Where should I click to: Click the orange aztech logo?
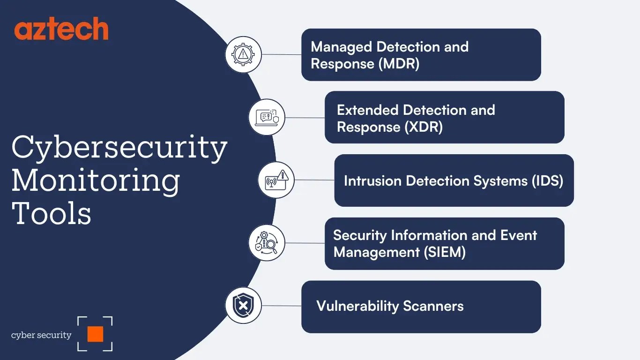pos(61,30)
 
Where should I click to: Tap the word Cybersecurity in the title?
pos(119,148)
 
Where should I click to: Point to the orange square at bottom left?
pos(95,334)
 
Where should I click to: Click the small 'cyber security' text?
pos(41,335)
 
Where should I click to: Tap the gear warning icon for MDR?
pos(243,54)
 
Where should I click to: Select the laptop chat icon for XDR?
pos(267,117)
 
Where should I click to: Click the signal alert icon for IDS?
pos(276,180)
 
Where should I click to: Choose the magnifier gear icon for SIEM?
pos(267,243)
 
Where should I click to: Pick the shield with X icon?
pos(243,306)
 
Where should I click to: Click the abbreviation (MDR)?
pos(398,64)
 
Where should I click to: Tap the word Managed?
pos(342,47)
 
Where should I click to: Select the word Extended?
pos(368,110)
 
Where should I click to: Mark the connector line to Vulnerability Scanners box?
pos(281,306)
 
